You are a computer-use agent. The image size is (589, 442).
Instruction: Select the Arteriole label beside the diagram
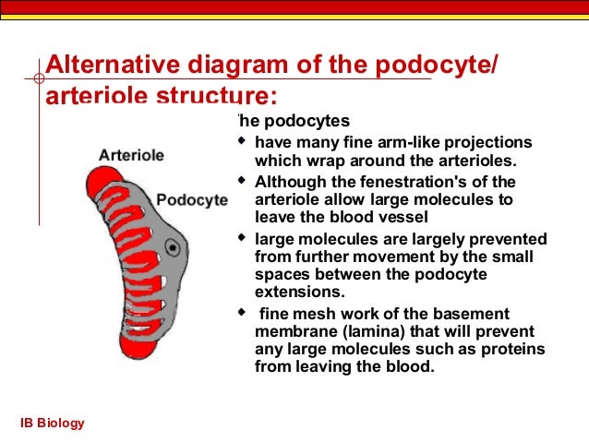point(131,155)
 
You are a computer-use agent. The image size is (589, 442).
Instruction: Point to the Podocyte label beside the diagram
point(191,200)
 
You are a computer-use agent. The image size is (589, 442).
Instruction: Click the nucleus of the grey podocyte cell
point(172,247)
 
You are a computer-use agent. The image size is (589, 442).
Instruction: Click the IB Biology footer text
point(53,423)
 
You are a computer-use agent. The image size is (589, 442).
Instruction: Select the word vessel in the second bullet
point(405,217)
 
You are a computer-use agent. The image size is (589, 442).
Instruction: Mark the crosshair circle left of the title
point(39,79)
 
